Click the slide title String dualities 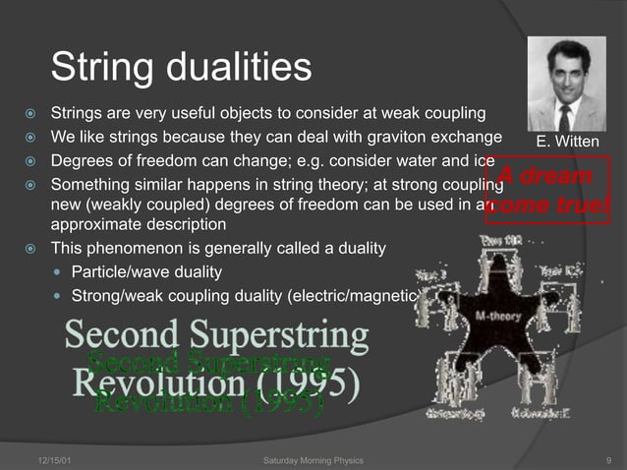click(181, 68)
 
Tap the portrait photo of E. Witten click(566, 84)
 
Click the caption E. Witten click(567, 143)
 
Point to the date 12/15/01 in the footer click(46, 460)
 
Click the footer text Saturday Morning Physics click(313, 460)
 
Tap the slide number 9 click(610, 460)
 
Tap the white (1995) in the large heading click(312, 381)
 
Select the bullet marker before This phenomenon click(31, 248)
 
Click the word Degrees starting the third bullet click(83, 160)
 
